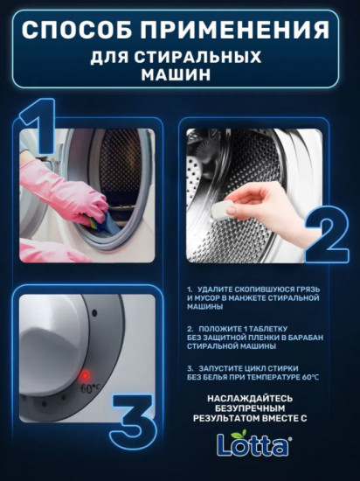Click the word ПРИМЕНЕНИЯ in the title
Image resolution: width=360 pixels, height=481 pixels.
[x=239, y=30]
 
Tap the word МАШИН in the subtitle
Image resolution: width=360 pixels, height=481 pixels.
[x=179, y=75]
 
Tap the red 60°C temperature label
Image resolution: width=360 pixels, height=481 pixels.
[x=89, y=385]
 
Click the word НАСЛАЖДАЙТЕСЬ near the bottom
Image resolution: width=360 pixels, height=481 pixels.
[x=252, y=398]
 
